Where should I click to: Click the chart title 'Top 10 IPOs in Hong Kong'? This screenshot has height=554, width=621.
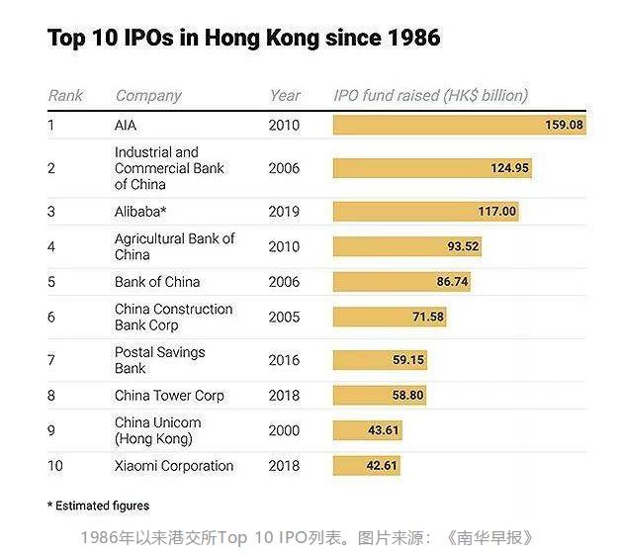[243, 39]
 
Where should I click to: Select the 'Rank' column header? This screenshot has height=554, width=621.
[65, 96]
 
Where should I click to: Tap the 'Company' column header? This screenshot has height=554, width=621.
[148, 96]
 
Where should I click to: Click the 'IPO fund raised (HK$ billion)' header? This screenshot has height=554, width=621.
[430, 96]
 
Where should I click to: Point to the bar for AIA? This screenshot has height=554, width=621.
[459, 126]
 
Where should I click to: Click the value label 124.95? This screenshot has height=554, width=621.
[509, 168]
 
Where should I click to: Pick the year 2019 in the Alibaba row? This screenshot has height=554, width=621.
[284, 211]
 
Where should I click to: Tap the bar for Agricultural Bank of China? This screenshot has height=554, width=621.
[407, 246]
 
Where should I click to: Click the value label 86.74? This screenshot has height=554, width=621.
[452, 282]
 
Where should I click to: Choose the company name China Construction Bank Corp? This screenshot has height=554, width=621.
[173, 317]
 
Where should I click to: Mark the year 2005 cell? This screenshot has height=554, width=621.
[284, 317]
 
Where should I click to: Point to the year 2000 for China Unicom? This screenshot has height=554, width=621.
[284, 430]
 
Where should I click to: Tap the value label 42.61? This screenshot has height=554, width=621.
[381, 466]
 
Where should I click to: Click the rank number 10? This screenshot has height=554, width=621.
[56, 466]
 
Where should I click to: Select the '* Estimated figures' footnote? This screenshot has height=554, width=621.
[98, 506]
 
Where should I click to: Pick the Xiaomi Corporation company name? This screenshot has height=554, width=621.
[174, 466]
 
